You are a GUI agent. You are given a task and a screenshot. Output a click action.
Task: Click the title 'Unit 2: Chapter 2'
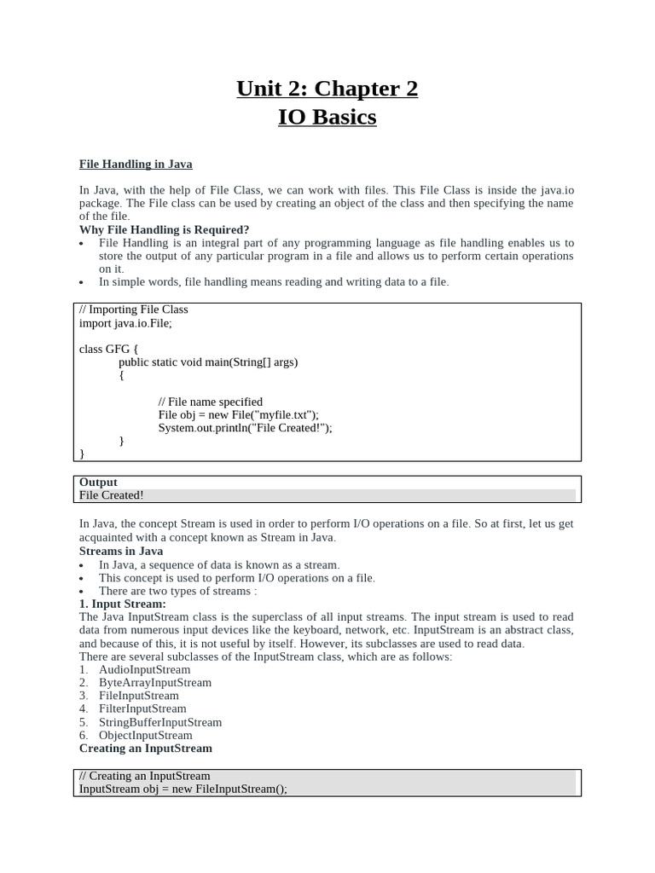327,89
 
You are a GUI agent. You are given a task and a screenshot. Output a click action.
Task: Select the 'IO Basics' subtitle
327,117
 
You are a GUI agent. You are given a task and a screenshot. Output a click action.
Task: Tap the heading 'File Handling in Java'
136,164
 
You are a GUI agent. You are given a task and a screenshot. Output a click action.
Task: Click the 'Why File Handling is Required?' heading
165,229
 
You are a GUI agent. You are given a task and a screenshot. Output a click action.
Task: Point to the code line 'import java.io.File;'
131,323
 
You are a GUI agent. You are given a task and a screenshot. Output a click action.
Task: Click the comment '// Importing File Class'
134,309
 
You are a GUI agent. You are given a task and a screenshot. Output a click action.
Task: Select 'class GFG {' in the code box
108,349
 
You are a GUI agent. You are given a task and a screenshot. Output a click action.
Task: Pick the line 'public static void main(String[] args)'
208,361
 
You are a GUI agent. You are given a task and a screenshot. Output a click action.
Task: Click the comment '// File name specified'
211,402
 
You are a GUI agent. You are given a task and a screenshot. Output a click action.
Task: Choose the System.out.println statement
245,428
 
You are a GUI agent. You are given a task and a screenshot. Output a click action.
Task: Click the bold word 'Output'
98,483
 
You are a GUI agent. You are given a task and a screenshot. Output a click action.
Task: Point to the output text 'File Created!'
112,495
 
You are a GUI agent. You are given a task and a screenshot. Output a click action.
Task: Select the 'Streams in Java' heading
121,551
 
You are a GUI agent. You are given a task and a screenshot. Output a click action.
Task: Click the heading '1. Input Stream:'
123,604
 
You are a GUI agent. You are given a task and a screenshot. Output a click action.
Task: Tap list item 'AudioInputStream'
145,669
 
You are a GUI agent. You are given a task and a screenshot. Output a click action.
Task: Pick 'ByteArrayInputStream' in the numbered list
155,682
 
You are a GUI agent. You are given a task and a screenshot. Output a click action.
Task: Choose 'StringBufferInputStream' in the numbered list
160,722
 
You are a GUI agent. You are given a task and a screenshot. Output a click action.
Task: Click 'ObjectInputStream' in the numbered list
146,735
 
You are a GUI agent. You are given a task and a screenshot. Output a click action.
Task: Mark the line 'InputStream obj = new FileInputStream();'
183,789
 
